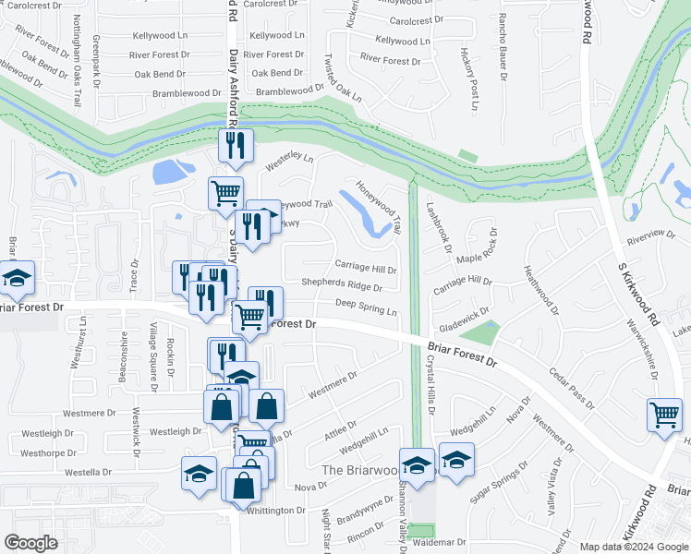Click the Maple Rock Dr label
coord(482,247)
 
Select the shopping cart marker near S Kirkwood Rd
coord(665,415)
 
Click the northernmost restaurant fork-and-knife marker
coord(235,145)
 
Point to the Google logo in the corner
coord(31,542)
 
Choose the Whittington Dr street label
coord(275,511)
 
